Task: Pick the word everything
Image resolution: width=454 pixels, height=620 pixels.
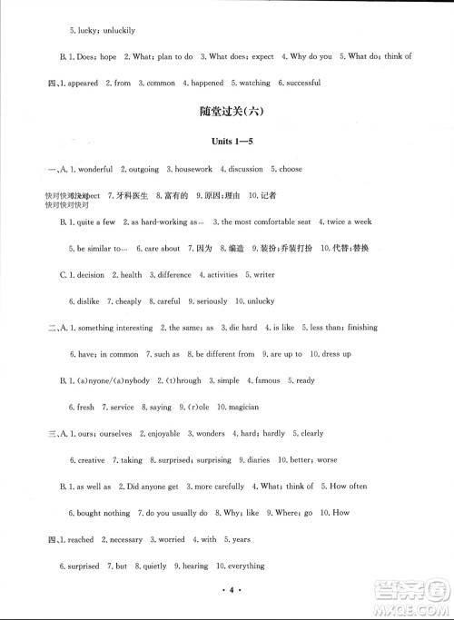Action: (x=242, y=566)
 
